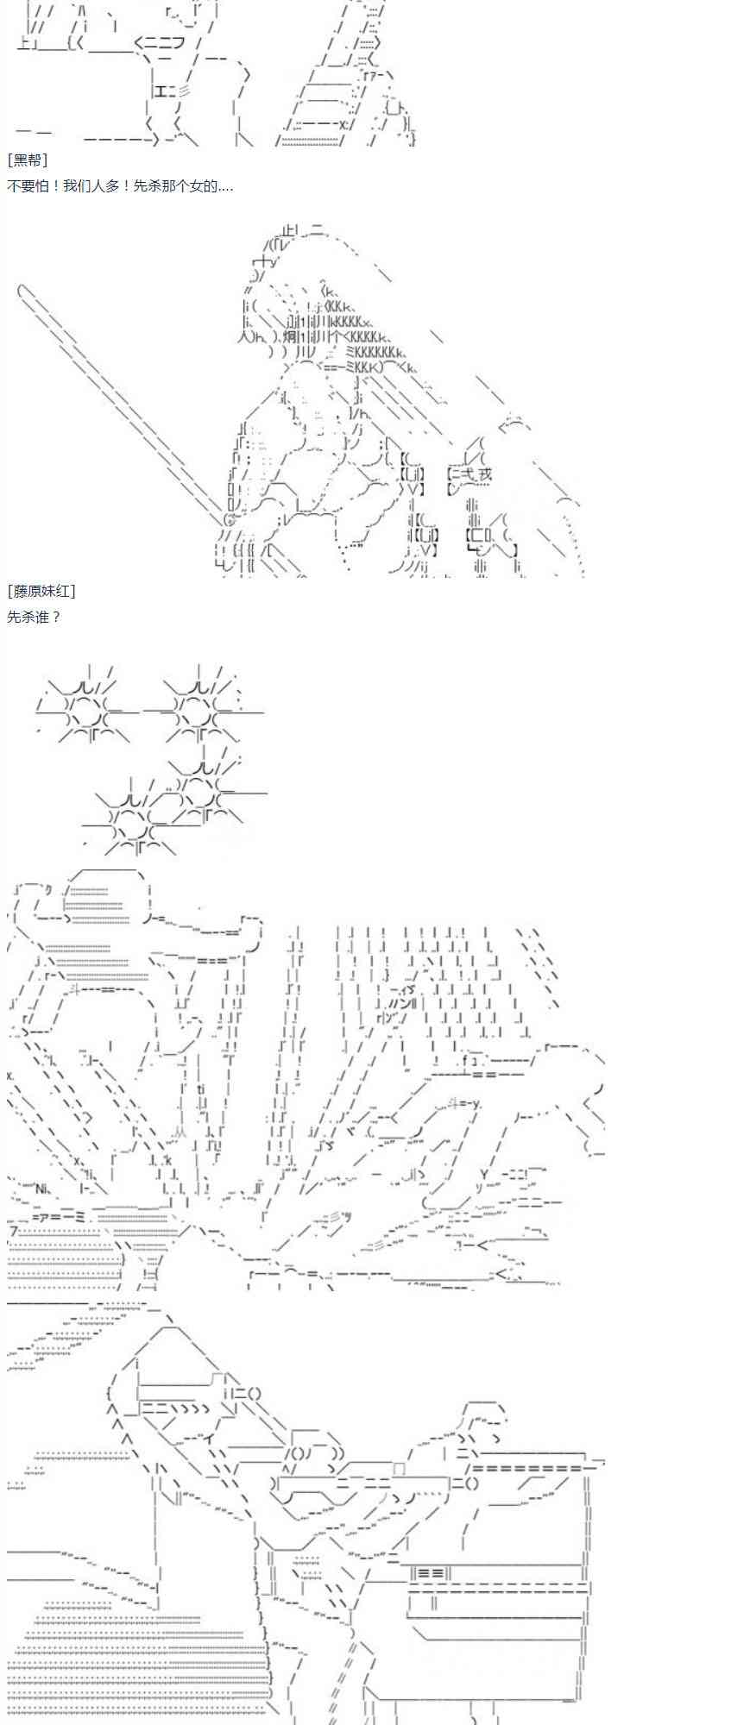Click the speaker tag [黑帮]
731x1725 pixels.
pos(27,160)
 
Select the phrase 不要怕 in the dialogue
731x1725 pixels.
pos(28,185)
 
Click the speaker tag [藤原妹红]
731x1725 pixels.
pos(41,591)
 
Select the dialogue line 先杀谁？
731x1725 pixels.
pos(35,617)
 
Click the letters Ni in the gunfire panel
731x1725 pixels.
pos(42,1189)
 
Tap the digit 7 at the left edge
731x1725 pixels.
pos(12,1232)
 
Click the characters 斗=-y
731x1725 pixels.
pos(463,1104)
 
